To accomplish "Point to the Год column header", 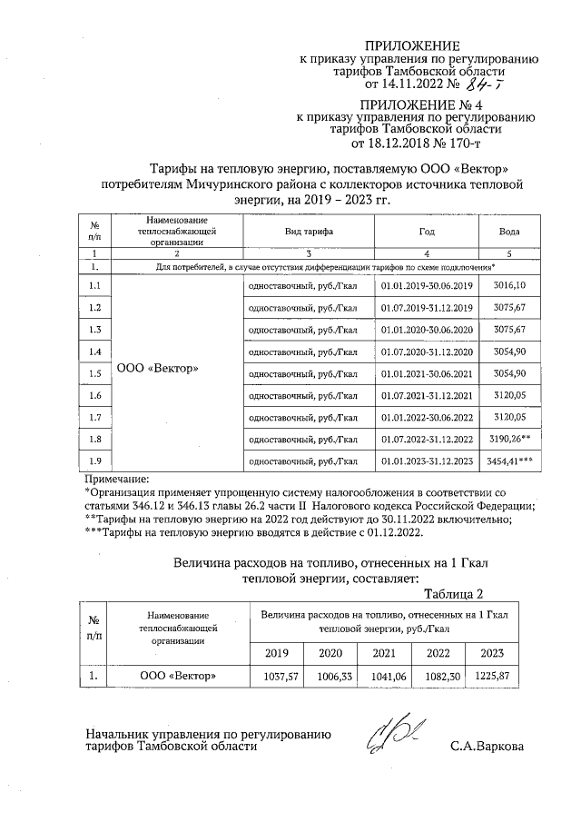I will point(427,233).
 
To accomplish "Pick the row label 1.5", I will point(95,373).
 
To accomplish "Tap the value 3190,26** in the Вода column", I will point(512,439).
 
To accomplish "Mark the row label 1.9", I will point(95,461).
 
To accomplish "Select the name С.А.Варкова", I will point(487,748).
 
